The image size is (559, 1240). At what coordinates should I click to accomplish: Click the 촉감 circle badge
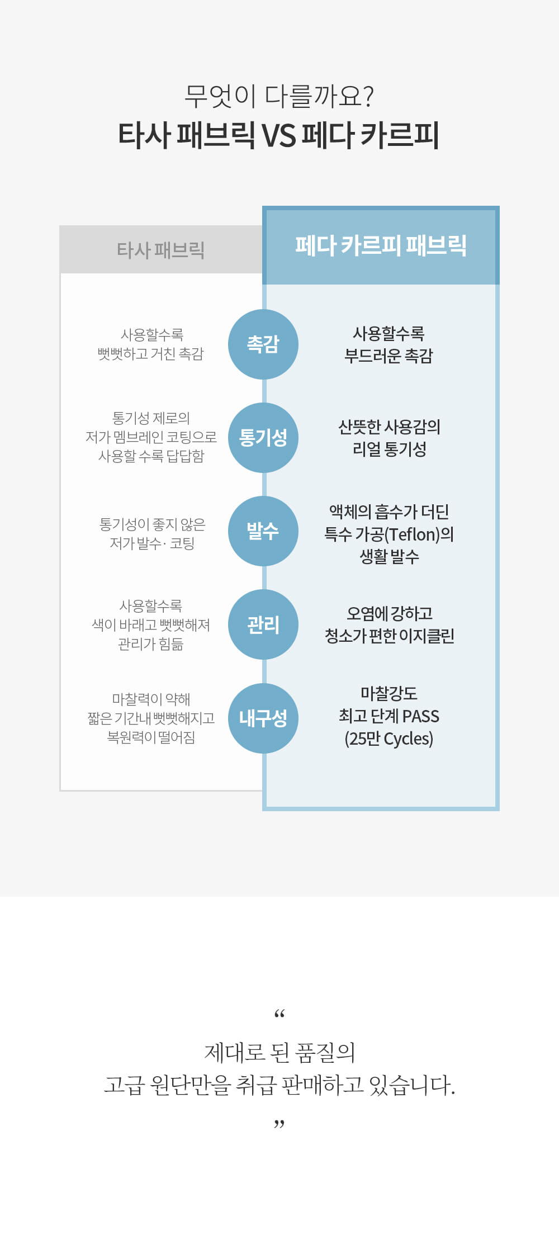click(x=263, y=344)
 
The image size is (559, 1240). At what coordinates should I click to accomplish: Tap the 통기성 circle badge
click(x=263, y=438)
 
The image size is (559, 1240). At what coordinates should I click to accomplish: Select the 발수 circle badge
click(x=263, y=531)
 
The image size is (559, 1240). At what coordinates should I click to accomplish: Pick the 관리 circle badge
click(x=263, y=624)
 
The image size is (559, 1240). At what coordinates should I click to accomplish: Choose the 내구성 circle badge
click(x=263, y=718)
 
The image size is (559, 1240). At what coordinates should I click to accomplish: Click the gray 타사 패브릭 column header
click(x=161, y=249)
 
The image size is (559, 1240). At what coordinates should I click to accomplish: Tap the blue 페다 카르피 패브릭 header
click(x=381, y=245)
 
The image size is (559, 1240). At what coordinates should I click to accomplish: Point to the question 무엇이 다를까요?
click(x=279, y=96)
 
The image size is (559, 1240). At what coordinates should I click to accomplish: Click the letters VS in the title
click(x=279, y=135)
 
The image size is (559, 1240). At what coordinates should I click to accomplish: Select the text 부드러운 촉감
click(x=389, y=356)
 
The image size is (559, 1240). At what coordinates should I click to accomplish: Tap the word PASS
click(x=420, y=716)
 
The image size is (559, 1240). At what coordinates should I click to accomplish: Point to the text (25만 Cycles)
click(x=389, y=739)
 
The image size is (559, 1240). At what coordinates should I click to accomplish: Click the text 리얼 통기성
click(x=390, y=449)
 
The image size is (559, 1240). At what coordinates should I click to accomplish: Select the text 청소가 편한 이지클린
click(x=390, y=636)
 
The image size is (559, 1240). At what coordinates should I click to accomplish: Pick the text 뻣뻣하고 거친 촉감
click(x=151, y=354)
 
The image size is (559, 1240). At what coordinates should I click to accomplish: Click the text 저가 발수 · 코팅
click(x=152, y=543)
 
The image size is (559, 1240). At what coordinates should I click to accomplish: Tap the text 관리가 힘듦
click(x=151, y=644)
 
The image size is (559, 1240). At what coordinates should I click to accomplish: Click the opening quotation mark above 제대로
click(x=279, y=1014)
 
